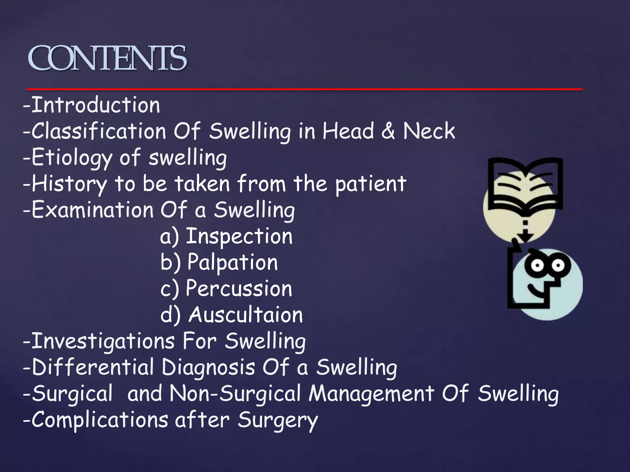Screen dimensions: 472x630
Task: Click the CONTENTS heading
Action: [x=107, y=58]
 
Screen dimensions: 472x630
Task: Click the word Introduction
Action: [x=96, y=105]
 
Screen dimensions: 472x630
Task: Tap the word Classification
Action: [x=99, y=131]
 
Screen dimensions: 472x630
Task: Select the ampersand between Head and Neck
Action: [x=388, y=131]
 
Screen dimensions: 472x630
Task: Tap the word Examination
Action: [x=92, y=210]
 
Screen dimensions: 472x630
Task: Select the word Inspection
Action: [x=239, y=236]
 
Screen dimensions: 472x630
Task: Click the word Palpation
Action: [x=233, y=262]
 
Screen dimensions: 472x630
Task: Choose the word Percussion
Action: [x=239, y=289]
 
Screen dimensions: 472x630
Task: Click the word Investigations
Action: [x=103, y=341]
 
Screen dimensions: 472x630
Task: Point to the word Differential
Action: [x=93, y=367]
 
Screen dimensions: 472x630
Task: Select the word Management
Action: [x=372, y=394]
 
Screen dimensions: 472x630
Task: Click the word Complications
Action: [x=100, y=420]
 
